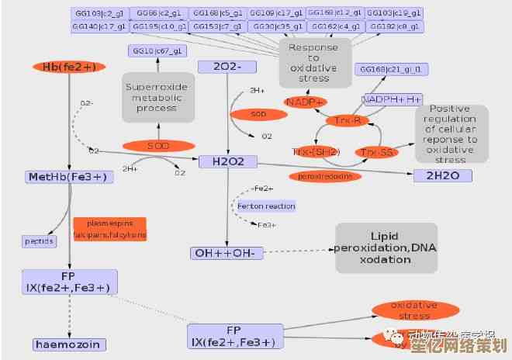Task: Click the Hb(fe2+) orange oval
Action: coord(70,67)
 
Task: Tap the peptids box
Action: coord(39,241)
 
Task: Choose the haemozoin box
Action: coord(69,343)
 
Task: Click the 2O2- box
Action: coord(226,67)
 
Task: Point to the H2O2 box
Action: coord(227,161)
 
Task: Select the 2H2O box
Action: coord(442,175)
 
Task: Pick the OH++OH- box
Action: coord(227,252)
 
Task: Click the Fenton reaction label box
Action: coord(266,206)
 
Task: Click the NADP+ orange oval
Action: coord(305,102)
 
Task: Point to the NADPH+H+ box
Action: coord(392,99)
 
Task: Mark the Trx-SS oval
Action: coord(375,152)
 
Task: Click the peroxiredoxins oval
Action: coord(326,176)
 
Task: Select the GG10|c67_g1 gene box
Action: coord(157,51)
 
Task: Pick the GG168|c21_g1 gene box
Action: coord(393,70)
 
